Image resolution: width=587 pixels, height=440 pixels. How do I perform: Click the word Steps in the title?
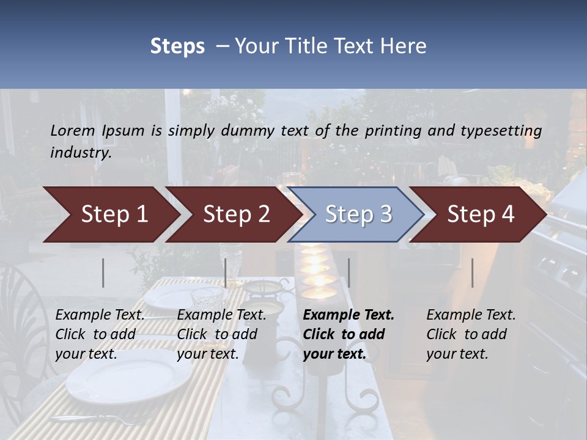177,46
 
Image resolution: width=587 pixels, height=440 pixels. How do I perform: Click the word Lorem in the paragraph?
72,130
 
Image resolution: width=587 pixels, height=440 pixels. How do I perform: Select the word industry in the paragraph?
80,153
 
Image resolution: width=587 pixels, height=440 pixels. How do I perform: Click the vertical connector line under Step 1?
103,273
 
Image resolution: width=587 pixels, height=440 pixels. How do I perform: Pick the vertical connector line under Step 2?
226,273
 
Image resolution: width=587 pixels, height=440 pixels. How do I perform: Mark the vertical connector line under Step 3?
349,273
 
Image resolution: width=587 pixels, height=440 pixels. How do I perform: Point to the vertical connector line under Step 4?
473,273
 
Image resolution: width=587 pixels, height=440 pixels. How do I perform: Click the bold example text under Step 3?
349,334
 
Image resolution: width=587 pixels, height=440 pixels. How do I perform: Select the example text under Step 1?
100,334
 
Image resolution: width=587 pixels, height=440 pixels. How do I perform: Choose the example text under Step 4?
471,334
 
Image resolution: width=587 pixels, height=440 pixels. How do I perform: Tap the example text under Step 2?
221,334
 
